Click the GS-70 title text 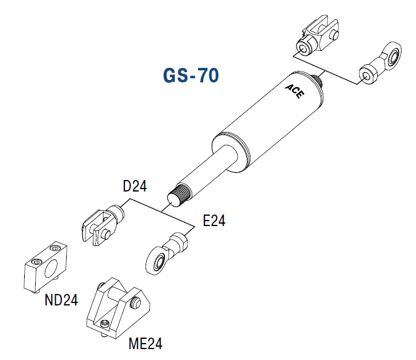point(190,76)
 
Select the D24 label point(135,186)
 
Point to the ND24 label point(61,299)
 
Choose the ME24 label point(146,344)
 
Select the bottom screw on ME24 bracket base point(106,324)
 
